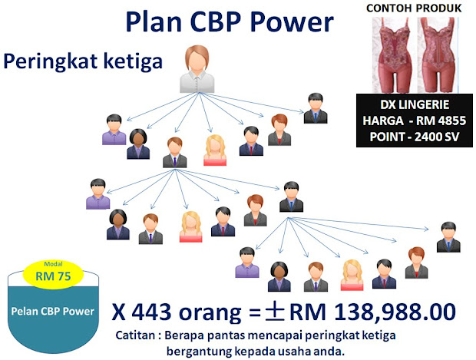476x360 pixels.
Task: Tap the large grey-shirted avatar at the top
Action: point(197,69)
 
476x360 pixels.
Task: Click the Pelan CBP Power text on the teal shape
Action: point(52,312)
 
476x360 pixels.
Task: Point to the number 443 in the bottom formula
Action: point(151,312)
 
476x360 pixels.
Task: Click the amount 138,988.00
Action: point(395,312)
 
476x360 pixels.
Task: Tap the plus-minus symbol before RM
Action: point(275,312)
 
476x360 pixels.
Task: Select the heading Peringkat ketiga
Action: point(83,61)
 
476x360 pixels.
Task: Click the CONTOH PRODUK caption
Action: point(414,8)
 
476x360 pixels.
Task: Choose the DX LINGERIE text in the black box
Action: point(415,104)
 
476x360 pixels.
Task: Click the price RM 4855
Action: point(441,121)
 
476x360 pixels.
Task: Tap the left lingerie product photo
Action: point(395,55)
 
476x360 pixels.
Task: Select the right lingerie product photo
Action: point(437,55)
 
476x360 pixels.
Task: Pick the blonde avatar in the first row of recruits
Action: point(215,150)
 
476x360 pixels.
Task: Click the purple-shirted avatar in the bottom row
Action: point(247,263)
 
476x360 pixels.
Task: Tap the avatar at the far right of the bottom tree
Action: point(448,237)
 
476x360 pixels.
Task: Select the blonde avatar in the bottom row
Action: point(352,275)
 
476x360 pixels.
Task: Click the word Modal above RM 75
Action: point(53,264)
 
